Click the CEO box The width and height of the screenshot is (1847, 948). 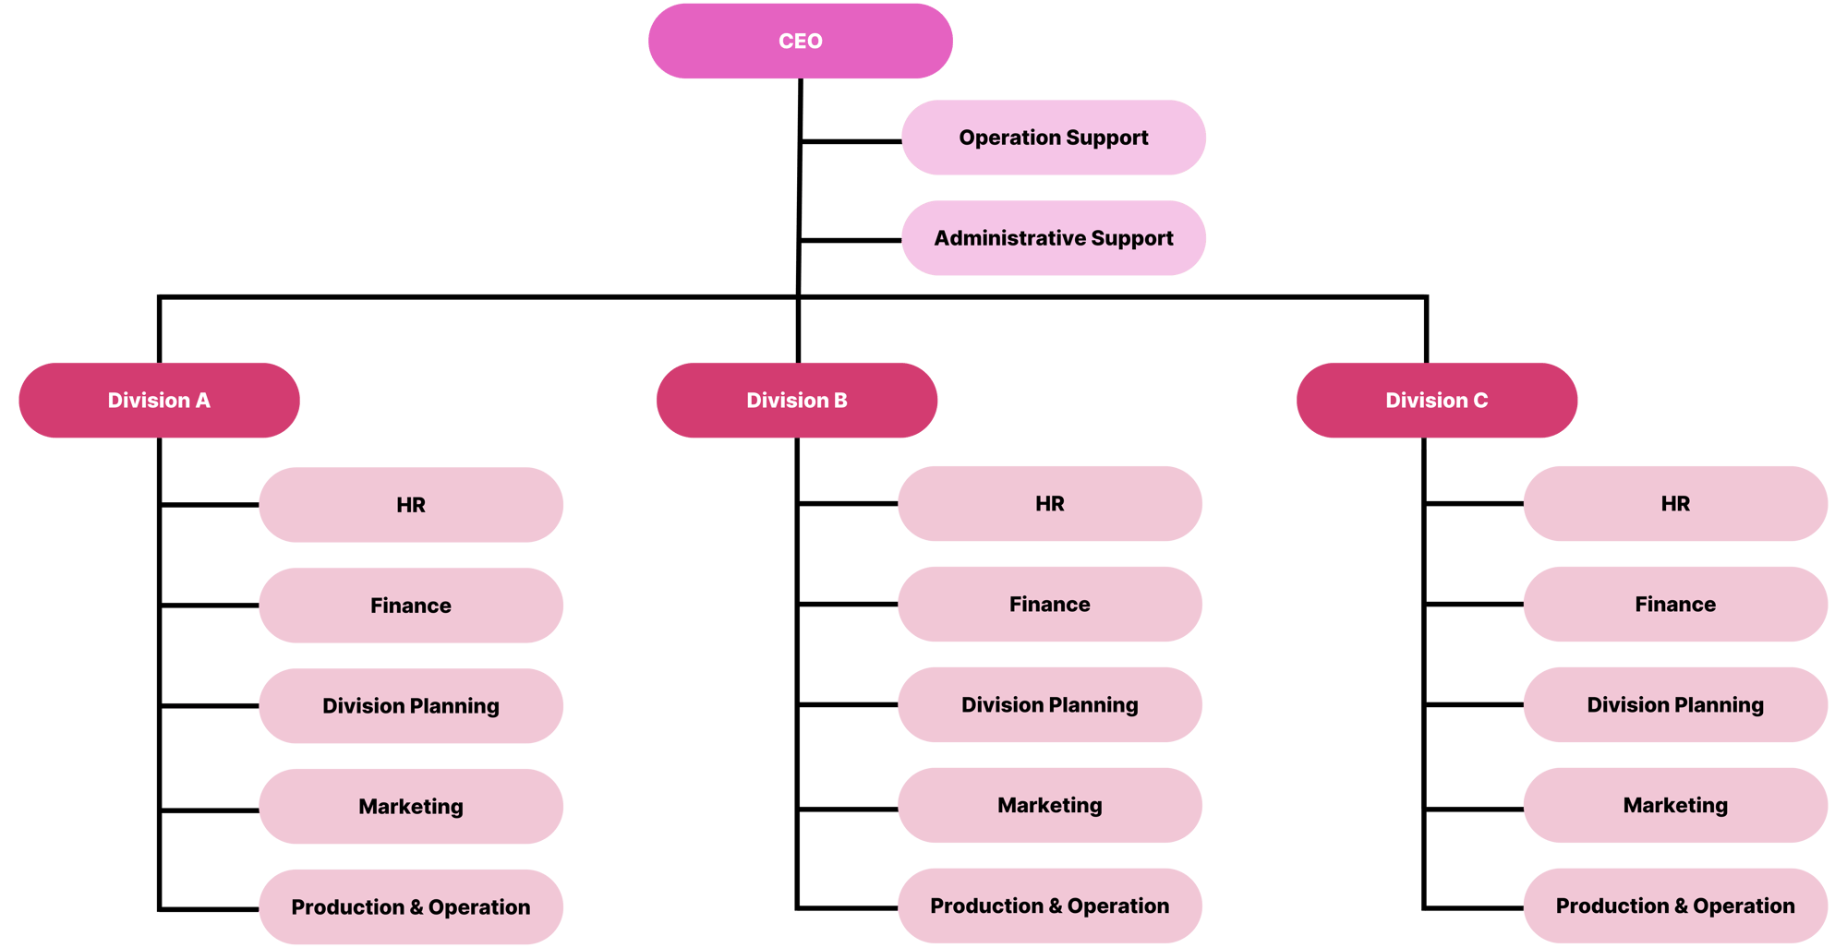click(x=800, y=42)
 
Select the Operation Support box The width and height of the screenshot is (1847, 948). click(x=1054, y=138)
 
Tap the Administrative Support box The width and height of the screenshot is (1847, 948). click(x=1054, y=238)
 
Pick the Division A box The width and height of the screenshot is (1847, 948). click(x=159, y=401)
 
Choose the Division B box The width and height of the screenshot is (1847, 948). click(x=796, y=401)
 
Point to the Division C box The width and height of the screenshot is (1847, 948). click(x=1436, y=401)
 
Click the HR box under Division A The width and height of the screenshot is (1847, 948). click(x=411, y=505)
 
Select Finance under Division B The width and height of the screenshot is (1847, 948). click(x=1049, y=605)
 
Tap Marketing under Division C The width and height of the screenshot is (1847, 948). click(x=1675, y=806)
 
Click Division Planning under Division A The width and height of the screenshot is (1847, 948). click(x=411, y=706)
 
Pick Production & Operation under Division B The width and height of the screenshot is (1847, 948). click(x=1049, y=906)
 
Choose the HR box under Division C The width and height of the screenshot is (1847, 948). click(x=1675, y=504)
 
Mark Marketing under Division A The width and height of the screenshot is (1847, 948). click(x=411, y=807)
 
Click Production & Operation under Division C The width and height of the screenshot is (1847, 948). click(x=1675, y=906)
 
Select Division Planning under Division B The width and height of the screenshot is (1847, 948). click(x=1049, y=705)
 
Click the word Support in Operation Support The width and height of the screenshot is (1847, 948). click(x=1107, y=138)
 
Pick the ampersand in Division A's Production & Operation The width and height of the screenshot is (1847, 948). click(x=416, y=907)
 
